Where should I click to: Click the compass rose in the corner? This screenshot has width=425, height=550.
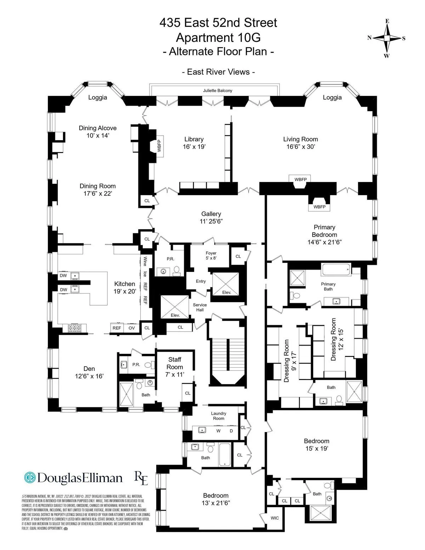point(387,38)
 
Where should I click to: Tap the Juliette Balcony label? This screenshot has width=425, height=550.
point(217,91)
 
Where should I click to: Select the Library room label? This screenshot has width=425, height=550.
point(194,139)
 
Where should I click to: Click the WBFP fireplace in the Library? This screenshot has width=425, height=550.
point(159,146)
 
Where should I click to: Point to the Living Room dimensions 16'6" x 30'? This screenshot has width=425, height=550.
point(300,147)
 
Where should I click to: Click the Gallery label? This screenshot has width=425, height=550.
point(211,214)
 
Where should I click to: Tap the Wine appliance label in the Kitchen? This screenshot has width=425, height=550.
point(145,262)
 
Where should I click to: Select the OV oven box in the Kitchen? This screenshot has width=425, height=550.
point(132,328)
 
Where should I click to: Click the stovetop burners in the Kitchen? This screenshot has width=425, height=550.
point(75,328)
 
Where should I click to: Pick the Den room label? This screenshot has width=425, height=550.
point(89,369)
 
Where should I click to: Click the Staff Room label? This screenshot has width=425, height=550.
point(175,363)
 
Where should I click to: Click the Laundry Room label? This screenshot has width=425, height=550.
point(219,416)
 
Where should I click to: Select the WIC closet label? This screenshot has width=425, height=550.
point(275,518)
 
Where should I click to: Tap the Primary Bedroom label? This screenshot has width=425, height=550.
point(324,231)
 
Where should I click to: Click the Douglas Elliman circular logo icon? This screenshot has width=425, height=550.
point(30,477)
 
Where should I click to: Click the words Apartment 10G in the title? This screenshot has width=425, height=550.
point(218,37)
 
